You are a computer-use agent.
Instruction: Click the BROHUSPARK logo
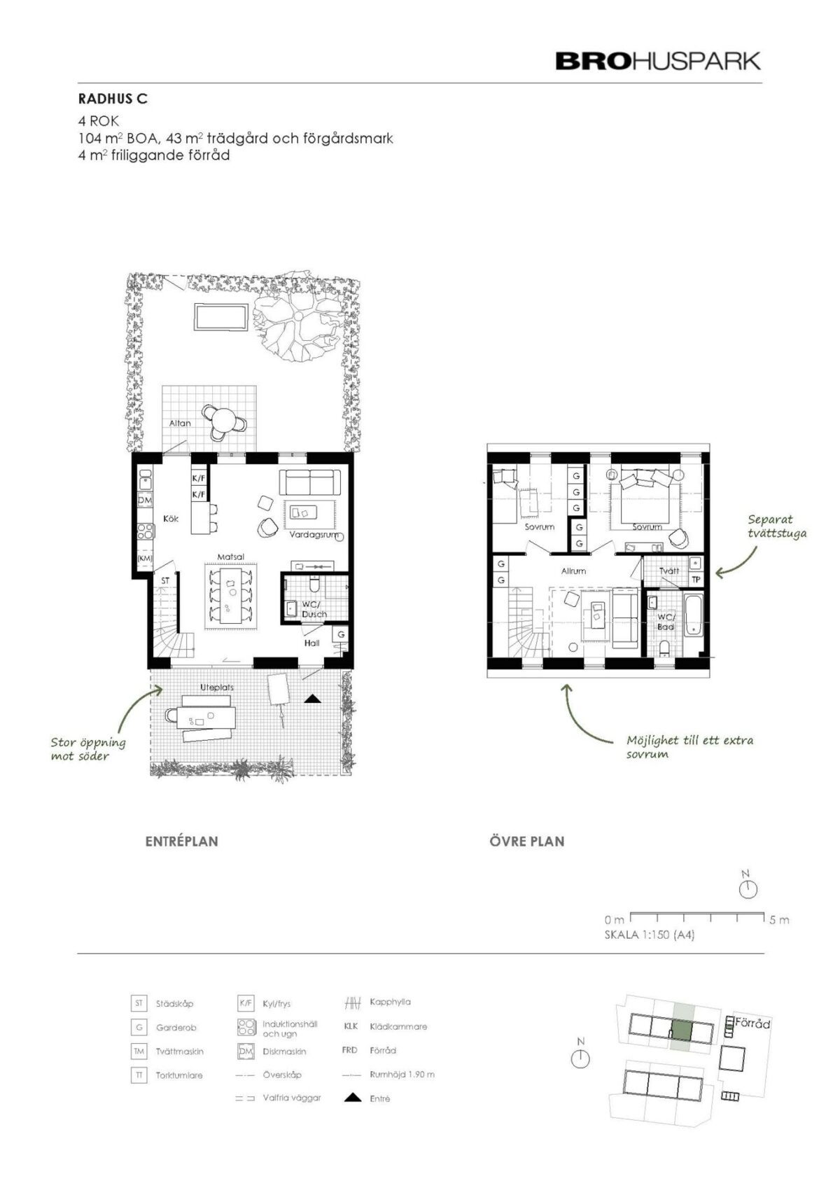click(657, 61)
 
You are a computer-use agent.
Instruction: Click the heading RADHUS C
click(113, 99)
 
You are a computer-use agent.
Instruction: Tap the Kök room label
click(171, 519)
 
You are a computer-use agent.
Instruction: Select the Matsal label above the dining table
click(231, 557)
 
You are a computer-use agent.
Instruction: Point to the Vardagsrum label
click(314, 535)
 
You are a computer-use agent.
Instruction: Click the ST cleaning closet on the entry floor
click(165, 581)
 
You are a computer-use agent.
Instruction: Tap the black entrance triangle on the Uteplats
click(312, 699)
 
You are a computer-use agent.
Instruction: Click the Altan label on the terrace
click(180, 423)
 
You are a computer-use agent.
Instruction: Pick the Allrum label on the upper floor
click(573, 571)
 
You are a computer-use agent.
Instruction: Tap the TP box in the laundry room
click(696, 580)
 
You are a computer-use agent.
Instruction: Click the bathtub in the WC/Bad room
click(694, 616)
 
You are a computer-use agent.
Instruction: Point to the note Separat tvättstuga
click(777, 526)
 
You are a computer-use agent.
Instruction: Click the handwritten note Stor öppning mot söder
click(88, 749)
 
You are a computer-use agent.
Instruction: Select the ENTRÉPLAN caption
click(181, 841)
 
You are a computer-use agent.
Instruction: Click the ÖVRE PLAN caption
click(527, 841)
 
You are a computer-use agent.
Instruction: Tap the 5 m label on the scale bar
click(779, 920)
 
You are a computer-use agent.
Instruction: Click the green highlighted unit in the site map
click(681, 1030)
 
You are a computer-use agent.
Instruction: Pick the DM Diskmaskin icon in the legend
click(246, 1051)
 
